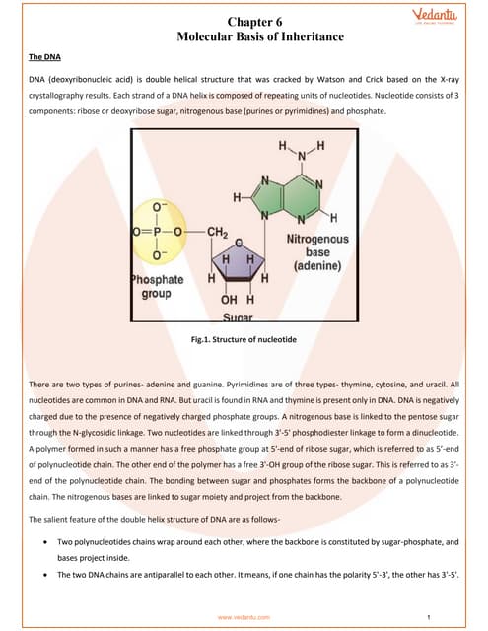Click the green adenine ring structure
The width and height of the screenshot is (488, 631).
point(295,196)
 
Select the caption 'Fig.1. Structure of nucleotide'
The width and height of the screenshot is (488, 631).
point(244,341)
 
